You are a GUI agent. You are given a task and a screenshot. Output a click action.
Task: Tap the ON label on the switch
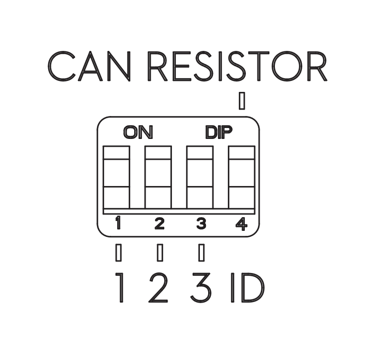pyautogui.click(x=139, y=132)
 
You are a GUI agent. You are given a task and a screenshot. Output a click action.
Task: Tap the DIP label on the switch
pyautogui.click(x=219, y=132)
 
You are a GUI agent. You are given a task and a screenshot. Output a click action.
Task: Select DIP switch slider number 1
pyautogui.click(x=117, y=177)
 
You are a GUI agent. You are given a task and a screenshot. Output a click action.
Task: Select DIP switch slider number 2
pyautogui.click(x=158, y=177)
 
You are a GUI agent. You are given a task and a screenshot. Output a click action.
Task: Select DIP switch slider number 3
pyautogui.click(x=200, y=177)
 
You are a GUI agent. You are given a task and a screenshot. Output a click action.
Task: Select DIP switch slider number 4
pyautogui.click(x=242, y=177)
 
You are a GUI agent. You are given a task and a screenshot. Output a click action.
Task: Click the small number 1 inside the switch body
pyautogui.click(x=118, y=223)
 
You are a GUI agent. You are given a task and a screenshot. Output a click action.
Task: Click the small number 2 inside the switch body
pyautogui.click(x=159, y=223)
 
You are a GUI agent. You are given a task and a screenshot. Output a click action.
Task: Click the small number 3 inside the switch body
pyautogui.click(x=200, y=223)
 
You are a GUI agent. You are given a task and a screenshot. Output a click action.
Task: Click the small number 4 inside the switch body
pyautogui.click(x=241, y=223)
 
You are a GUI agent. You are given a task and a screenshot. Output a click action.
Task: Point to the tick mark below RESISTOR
pyautogui.click(x=242, y=101)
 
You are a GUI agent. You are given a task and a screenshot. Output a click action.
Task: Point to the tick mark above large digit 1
pyautogui.click(x=118, y=252)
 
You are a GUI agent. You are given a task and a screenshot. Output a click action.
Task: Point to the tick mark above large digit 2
pyautogui.click(x=159, y=252)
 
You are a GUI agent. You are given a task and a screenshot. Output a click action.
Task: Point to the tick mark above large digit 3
pyautogui.click(x=201, y=252)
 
